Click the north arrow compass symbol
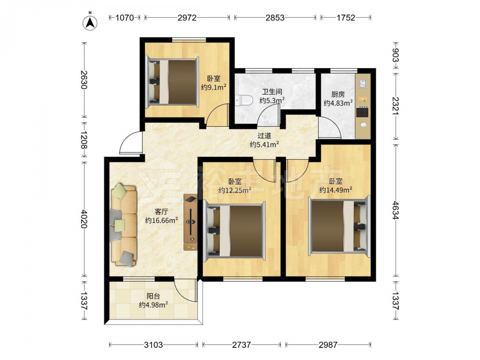(90, 23)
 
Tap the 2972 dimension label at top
(187, 18)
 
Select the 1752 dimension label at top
(346, 18)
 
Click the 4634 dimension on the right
(396, 210)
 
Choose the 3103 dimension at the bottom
(154, 345)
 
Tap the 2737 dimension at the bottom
(241, 345)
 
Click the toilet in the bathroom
(244, 100)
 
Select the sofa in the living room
(124, 225)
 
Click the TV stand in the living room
(191, 223)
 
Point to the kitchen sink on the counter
(363, 84)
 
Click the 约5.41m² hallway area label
(264, 144)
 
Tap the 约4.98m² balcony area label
(153, 305)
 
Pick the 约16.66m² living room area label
(162, 220)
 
